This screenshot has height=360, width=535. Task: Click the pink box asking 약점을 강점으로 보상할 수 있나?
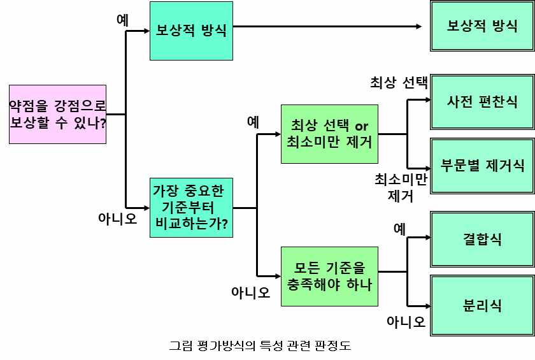point(57,114)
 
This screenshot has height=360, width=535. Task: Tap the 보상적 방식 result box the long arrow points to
point(482,27)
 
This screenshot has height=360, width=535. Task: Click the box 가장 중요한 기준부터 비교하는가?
point(190,207)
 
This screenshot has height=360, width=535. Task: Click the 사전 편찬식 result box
point(482,101)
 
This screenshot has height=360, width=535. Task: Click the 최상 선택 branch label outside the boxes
point(399,83)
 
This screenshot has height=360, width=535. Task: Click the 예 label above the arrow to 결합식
point(399,228)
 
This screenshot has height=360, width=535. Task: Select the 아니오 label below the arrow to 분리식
point(406,322)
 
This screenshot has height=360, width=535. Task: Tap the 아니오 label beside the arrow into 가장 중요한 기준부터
point(117,219)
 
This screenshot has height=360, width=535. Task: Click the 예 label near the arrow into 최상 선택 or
point(253,121)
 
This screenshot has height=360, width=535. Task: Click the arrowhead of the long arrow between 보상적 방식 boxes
point(418,26)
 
